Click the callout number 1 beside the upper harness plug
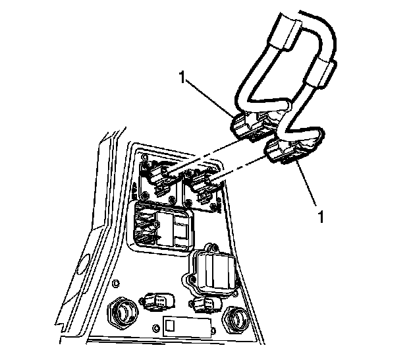tap(182, 77)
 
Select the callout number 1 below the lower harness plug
tap(321, 214)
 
